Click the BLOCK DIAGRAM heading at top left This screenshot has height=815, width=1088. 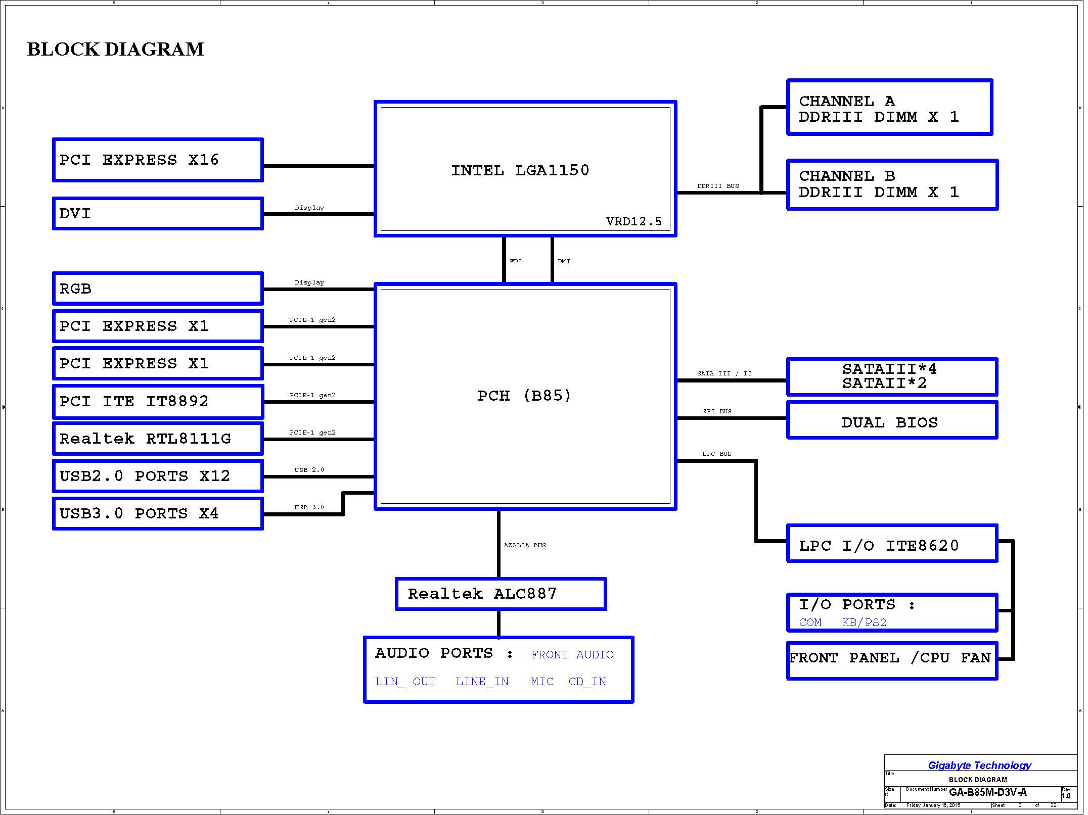point(116,50)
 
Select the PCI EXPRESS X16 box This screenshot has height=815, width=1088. point(158,160)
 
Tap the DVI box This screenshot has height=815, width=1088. point(158,214)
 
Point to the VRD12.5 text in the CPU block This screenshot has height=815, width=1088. point(633,221)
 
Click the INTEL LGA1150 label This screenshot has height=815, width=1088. point(520,170)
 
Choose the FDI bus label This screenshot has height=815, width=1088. point(515,261)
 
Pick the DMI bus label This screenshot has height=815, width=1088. point(564,261)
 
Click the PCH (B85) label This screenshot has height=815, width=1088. point(524,396)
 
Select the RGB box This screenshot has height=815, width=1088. point(158,289)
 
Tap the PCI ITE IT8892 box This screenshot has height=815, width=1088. point(158,402)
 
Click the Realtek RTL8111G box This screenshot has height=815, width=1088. point(158,439)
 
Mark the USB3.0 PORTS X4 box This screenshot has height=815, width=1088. point(158,514)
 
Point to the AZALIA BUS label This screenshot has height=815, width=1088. point(525,545)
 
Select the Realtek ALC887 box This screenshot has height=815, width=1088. point(501,594)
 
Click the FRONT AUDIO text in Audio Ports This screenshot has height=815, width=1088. point(572,655)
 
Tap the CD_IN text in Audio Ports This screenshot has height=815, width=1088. point(587,682)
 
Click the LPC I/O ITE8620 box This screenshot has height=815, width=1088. point(892,544)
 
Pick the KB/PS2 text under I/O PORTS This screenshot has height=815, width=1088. point(864,622)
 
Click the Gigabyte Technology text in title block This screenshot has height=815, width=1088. point(979,765)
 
